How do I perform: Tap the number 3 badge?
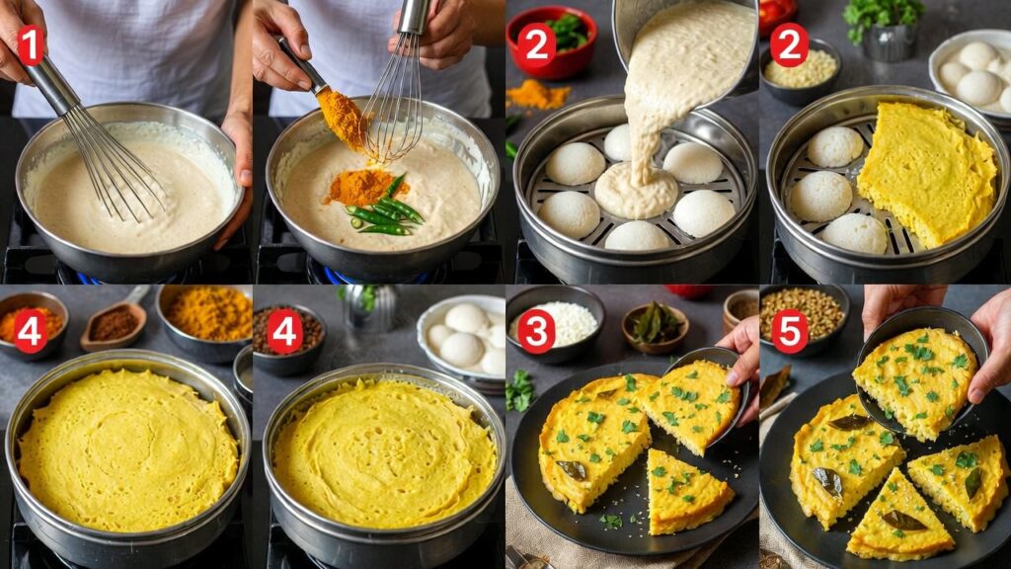(x=536, y=331)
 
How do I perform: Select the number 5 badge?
(x=790, y=331)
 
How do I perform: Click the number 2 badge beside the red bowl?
(x=536, y=44)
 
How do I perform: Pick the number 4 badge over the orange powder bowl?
(x=30, y=331)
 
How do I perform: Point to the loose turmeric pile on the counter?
(x=538, y=95)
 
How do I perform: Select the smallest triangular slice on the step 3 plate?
(x=689, y=490)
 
